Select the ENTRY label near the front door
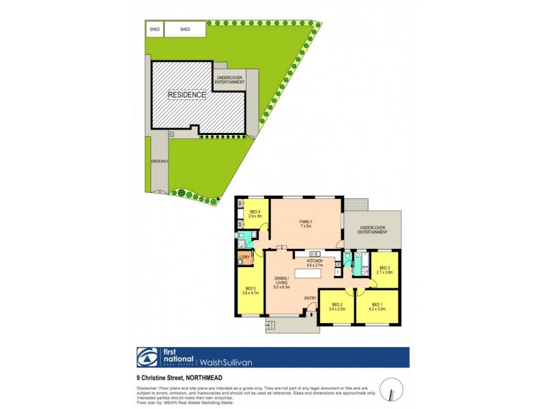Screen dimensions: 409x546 (310, 298)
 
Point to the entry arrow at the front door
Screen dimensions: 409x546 (312, 312)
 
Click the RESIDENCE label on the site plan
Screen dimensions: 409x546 (187, 95)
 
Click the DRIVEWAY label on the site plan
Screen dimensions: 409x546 (159, 162)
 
